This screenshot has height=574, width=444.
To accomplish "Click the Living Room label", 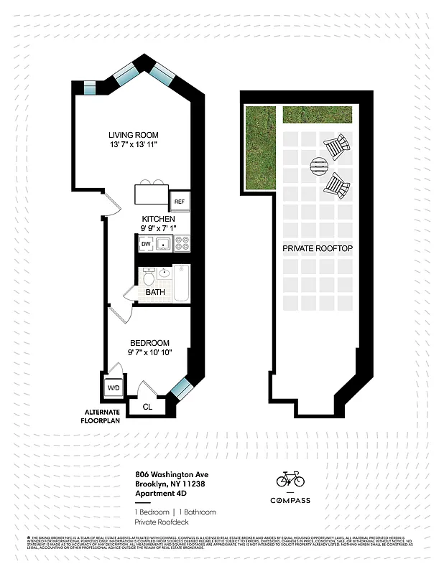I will pyautogui.click(x=133, y=135).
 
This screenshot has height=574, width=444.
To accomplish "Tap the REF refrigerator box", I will pyautogui.click(x=179, y=202).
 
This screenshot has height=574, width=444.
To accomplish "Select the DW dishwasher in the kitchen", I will pyautogui.click(x=146, y=245).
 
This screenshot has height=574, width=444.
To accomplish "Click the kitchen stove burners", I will pyautogui.click(x=181, y=245).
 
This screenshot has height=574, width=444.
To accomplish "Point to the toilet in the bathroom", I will pyautogui.click(x=149, y=277).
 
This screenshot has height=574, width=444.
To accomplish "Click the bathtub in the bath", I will pyautogui.click(x=180, y=283).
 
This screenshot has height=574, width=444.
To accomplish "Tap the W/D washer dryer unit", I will pyautogui.click(x=114, y=388).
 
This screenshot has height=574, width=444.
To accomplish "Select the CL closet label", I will pyautogui.click(x=147, y=406).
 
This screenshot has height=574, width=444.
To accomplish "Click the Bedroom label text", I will pyautogui.click(x=149, y=343).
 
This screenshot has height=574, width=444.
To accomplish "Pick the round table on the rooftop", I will pyautogui.click(x=318, y=168).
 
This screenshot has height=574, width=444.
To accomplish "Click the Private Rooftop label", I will pyautogui.click(x=317, y=248).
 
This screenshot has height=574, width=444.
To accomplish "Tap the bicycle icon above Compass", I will pyautogui.click(x=290, y=479).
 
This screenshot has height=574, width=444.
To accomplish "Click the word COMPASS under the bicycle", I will pyautogui.click(x=290, y=500).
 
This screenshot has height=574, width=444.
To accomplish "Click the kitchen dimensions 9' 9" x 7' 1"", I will pyautogui.click(x=158, y=228).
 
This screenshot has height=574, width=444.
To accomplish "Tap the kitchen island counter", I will pyautogui.click(x=151, y=194).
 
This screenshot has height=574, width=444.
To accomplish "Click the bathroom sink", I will pyautogui.click(x=164, y=273).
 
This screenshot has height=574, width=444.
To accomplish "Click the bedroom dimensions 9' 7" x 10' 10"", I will pyautogui.click(x=149, y=352).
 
